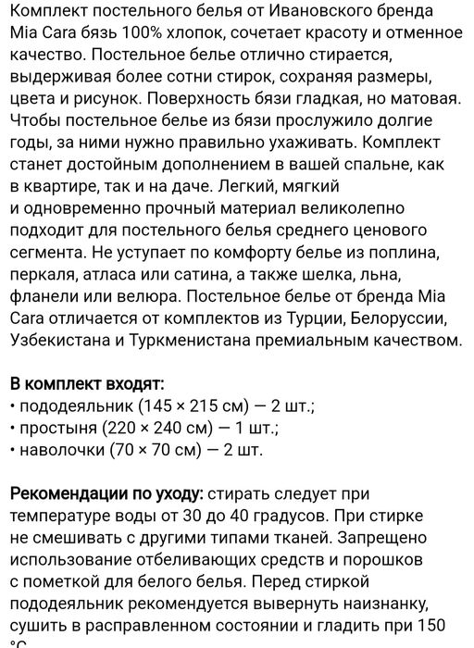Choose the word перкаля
43,276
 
